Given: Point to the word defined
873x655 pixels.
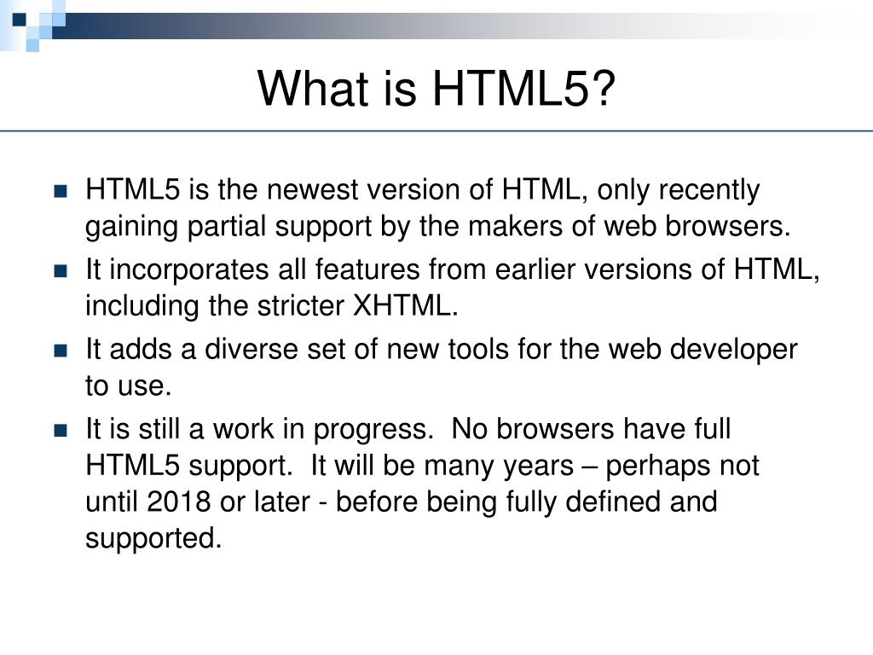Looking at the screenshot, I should [x=622, y=502].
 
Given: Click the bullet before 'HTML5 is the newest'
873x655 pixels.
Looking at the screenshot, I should [x=60, y=191].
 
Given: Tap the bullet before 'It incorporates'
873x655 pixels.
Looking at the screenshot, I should [x=60, y=270].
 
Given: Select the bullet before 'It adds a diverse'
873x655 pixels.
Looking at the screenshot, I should [x=60, y=350].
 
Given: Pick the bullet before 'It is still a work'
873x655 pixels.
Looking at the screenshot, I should [x=60, y=430].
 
